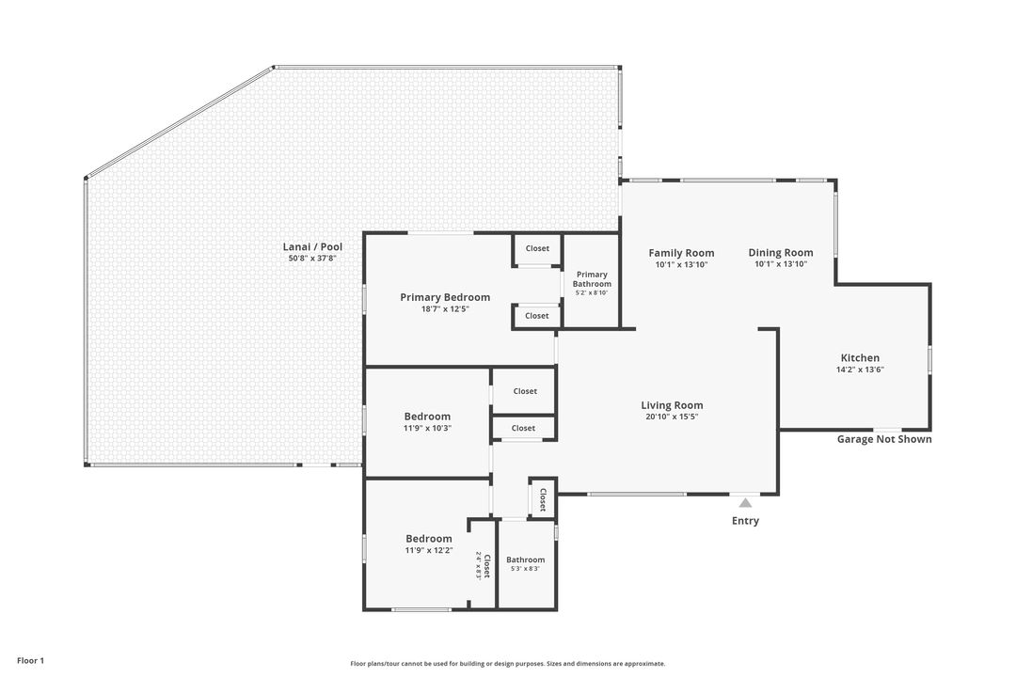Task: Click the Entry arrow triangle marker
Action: point(746,503)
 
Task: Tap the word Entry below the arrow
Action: point(745,521)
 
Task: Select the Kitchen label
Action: point(860,357)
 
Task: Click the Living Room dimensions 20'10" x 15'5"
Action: point(672,417)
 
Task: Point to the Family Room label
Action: point(681,253)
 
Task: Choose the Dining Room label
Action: point(781,253)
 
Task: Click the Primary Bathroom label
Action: point(592,279)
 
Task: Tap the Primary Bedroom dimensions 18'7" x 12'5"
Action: point(445,309)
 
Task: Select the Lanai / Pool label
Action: point(312,247)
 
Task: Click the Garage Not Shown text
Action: point(884,439)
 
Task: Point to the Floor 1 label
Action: point(30,661)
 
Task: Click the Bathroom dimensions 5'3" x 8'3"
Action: point(526,569)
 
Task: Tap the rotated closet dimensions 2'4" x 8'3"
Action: point(479,565)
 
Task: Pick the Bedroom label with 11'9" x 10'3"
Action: point(427,417)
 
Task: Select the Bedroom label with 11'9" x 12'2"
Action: point(429,539)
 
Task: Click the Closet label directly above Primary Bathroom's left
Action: point(537,248)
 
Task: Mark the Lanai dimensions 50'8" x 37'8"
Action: point(312,259)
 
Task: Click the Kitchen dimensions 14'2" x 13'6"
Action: point(861,370)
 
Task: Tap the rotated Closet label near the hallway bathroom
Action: point(543,499)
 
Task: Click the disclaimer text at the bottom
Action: point(508,664)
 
